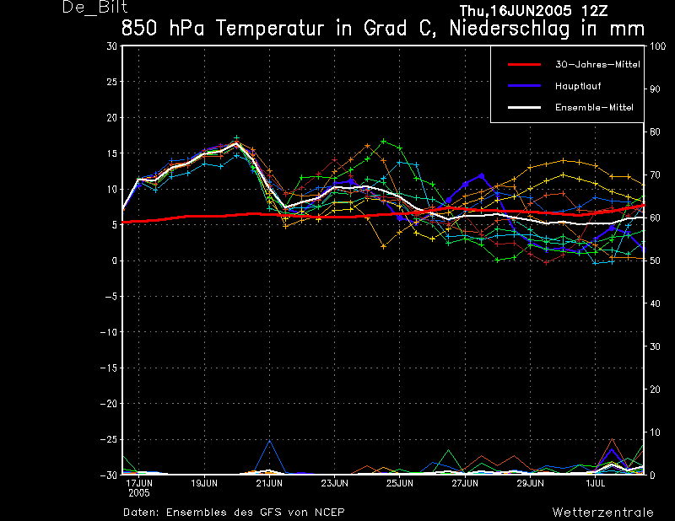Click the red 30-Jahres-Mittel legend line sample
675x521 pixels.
point(524,65)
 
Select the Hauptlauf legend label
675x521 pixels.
point(578,86)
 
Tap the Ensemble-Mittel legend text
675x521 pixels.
point(594,107)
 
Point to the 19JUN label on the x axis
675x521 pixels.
point(204,483)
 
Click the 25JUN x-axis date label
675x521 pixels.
point(399,483)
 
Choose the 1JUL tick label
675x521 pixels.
point(596,483)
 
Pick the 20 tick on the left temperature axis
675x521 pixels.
point(112,117)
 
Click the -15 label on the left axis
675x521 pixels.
point(109,368)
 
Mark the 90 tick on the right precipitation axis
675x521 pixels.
point(655,89)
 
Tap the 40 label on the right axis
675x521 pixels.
point(655,303)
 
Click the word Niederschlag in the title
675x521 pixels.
point(510,29)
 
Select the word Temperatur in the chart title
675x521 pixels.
point(270,29)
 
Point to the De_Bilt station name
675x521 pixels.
point(94,8)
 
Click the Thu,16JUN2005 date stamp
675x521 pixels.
point(510,10)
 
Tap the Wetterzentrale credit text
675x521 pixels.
point(602,513)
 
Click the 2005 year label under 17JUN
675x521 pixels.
point(138,493)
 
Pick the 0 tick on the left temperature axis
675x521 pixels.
point(115,260)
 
